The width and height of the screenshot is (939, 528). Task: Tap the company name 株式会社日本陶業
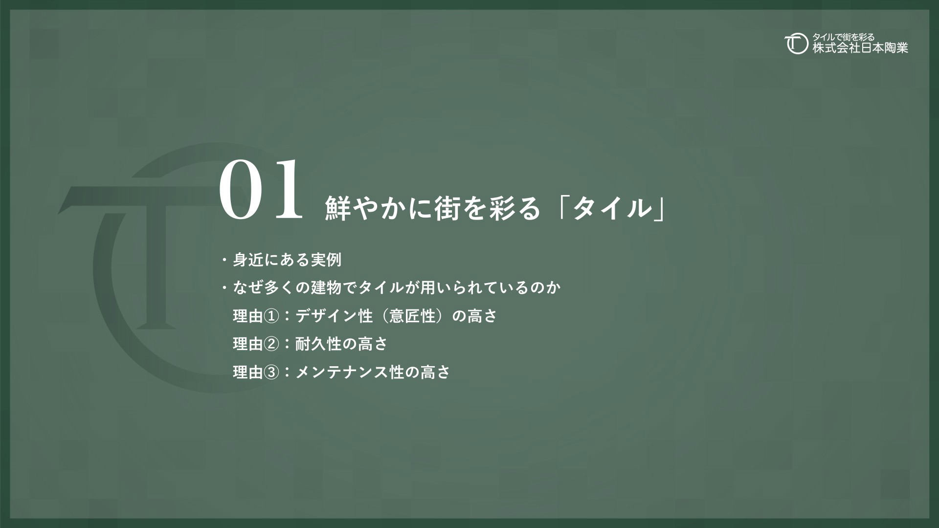coord(860,48)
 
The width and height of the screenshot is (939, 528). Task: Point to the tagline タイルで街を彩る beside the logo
coord(843,37)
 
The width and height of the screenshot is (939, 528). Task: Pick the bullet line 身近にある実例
coord(287,260)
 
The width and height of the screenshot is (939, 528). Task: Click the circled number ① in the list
coord(271,316)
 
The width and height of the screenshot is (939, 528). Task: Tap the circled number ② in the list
coord(271,345)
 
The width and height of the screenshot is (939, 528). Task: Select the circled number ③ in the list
coord(271,373)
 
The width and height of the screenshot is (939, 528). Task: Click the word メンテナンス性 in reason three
coord(350,373)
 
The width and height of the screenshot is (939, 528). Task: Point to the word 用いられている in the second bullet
coord(467,288)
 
